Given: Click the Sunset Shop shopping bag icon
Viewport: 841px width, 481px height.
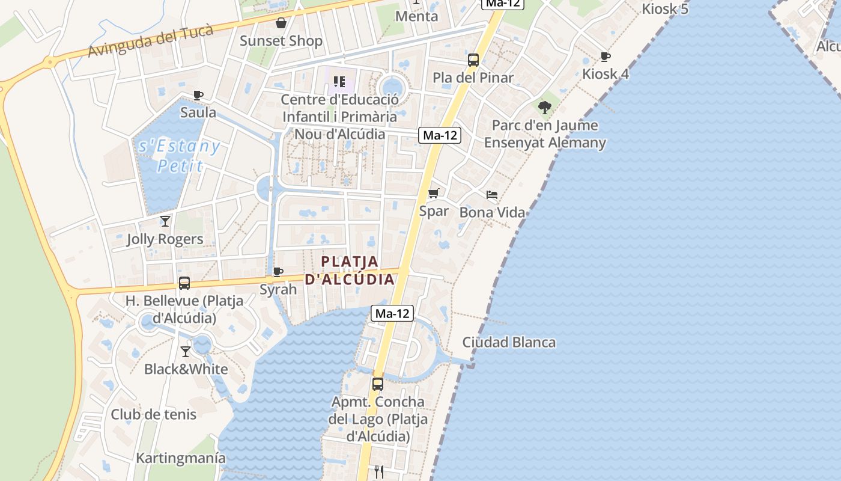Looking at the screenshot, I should tap(281, 23).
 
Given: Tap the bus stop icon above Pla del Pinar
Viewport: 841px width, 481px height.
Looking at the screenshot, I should tap(473, 60).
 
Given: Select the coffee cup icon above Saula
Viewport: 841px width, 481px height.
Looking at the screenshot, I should tap(198, 95).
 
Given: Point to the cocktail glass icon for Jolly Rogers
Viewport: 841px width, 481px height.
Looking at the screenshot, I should tap(165, 221).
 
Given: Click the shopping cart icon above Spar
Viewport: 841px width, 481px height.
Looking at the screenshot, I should tap(434, 194).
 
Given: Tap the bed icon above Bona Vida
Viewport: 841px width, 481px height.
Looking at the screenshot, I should tap(492, 195).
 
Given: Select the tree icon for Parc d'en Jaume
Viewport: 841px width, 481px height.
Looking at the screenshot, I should tap(545, 108).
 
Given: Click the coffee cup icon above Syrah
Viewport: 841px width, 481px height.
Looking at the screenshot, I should tap(278, 272).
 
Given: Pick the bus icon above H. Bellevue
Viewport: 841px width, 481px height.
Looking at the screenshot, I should tap(184, 283).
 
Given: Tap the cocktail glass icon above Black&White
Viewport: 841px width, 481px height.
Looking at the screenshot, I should tap(186, 352).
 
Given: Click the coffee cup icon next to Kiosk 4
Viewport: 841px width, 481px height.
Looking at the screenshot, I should tap(606, 57).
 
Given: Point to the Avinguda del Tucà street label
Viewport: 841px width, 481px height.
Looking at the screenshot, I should tap(150, 41).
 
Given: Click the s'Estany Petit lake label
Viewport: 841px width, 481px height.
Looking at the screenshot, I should tap(179, 156).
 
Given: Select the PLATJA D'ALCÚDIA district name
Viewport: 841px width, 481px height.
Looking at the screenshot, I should tap(350, 271).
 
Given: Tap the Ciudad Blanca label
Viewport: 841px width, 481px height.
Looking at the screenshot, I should tap(509, 343).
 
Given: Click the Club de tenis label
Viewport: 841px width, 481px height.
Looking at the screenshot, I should tap(153, 414).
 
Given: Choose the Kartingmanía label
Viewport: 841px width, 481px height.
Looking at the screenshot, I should tap(181, 458).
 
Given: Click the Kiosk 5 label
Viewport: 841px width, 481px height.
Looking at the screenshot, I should tap(665, 9).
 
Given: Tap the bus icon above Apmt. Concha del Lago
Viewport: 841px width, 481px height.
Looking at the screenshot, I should tap(378, 384).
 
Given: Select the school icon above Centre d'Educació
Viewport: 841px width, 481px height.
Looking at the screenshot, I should tap(339, 82).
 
